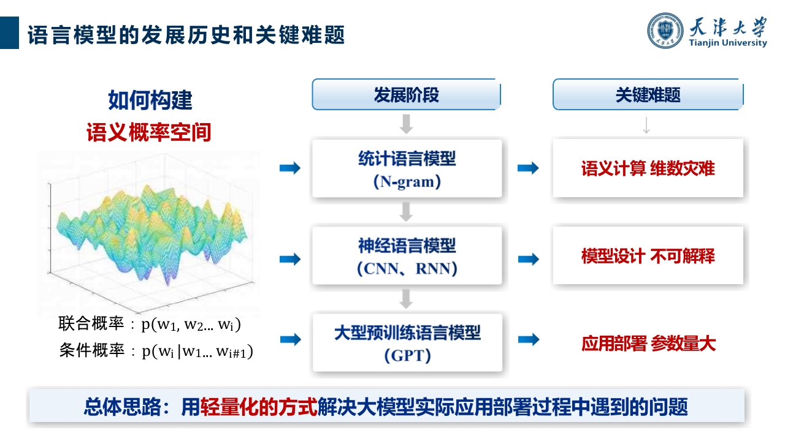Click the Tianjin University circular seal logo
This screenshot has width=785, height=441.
pos(665,31)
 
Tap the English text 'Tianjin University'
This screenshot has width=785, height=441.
pos(727,43)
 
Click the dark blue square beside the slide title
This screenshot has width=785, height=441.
pos(9,32)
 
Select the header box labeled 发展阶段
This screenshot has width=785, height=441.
pos(406,94)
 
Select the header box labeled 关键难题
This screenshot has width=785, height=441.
pos(648,94)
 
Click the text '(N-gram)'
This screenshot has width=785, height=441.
pos(407,182)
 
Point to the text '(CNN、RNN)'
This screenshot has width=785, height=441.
pos(407,268)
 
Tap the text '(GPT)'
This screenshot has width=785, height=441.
pos(407,356)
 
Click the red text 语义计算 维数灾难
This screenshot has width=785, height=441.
pos(648,168)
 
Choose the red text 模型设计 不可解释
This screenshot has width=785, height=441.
pos(648,256)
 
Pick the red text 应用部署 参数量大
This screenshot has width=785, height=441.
pos(648,344)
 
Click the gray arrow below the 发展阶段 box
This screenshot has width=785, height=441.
pos(406,124)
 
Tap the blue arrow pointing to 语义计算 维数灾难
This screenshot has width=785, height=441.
pos(528,168)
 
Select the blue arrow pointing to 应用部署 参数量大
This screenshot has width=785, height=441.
pos(529,339)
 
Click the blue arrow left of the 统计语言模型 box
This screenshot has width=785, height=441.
pos(290,168)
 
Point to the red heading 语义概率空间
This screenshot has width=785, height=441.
pos(148,132)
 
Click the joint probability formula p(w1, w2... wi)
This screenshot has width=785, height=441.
pos(191,325)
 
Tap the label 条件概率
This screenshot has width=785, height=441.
pos(92,350)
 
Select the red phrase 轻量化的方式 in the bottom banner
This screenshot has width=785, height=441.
pos(259,407)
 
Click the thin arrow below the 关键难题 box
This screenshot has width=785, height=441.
pos(646,126)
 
